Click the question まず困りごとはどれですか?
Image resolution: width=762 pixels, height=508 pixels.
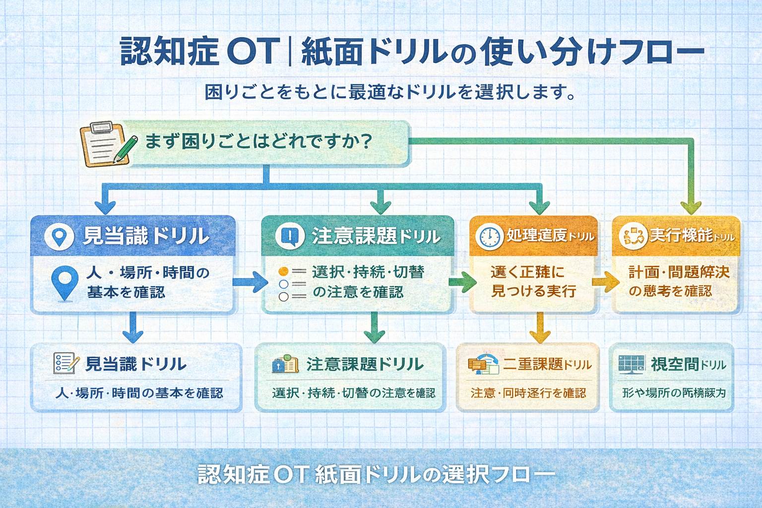pos(258,142)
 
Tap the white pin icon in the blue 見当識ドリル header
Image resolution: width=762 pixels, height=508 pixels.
pos(60,237)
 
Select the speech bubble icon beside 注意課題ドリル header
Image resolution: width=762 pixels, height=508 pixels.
pos(289,236)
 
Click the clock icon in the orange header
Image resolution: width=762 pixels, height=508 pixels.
pos(489,236)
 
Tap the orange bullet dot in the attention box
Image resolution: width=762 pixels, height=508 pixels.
pos(284,271)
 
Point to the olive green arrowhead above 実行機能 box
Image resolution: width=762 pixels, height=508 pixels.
pos(691,207)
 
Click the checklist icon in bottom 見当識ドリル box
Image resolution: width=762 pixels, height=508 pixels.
pos(65,364)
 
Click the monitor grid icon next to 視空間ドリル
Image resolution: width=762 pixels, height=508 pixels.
pos(631,365)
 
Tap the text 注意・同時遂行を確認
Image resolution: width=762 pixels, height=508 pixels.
pos(528,393)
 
